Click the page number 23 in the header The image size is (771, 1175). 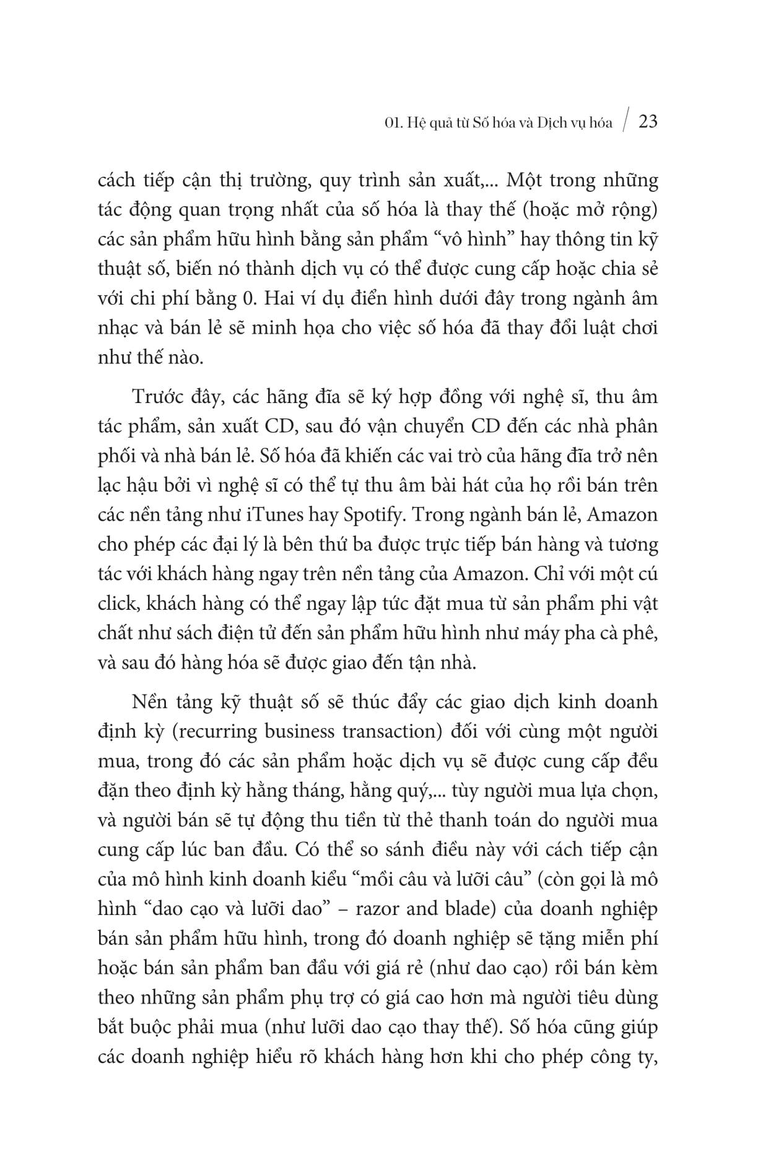click(x=648, y=121)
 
